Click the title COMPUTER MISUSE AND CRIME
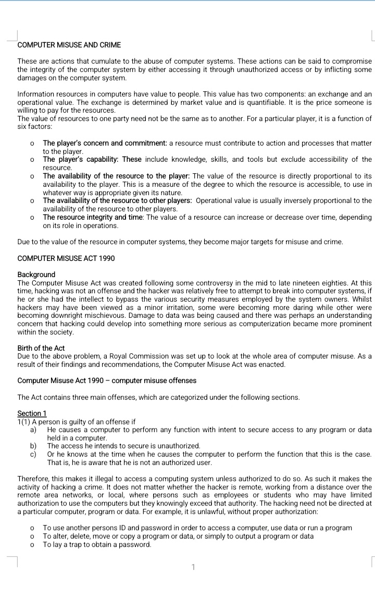click(x=69, y=45)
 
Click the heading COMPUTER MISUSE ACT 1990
click(x=66, y=258)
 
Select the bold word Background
click(x=36, y=274)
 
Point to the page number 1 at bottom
click(x=193, y=566)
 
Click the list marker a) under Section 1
click(x=33, y=429)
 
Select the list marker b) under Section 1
click(x=33, y=446)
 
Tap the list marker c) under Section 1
click(x=33, y=454)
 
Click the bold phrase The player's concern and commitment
click(x=104, y=143)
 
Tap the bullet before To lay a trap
click(x=32, y=545)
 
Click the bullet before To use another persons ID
click(x=32, y=528)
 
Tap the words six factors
click(x=34, y=127)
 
